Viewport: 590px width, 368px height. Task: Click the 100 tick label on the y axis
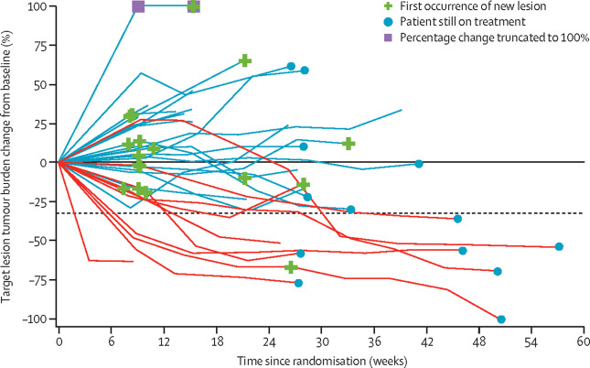(x=37, y=7)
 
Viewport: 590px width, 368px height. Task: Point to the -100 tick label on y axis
(x=35, y=319)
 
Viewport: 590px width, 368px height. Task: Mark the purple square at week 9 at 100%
(x=138, y=7)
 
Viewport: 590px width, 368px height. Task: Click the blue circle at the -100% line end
(x=501, y=319)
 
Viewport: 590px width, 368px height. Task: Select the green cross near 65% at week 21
(x=244, y=60)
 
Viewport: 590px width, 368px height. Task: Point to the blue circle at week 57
(x=559, y=246)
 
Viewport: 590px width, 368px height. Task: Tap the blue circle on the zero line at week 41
(x=419, y=164)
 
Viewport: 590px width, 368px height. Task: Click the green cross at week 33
(x=349, y=144)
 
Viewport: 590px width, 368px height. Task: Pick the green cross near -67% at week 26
(x=291, y=267)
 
